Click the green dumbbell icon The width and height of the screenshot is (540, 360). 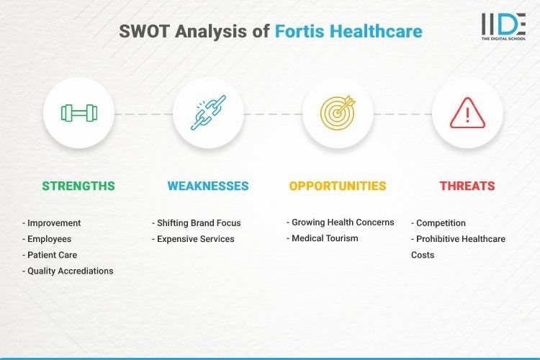[78, 113]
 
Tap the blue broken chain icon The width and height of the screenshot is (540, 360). [208, 113]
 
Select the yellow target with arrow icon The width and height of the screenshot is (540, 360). [338, 113]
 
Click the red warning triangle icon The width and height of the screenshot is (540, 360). [467, 113]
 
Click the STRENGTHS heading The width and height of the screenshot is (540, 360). [78, 186]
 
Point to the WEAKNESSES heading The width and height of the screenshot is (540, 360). [208, 186]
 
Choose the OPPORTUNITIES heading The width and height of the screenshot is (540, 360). [338, 186]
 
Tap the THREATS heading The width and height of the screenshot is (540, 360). [467, 186]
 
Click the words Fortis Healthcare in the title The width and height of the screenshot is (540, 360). [348, 32]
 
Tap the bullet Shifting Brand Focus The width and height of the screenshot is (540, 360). [196, 223]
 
